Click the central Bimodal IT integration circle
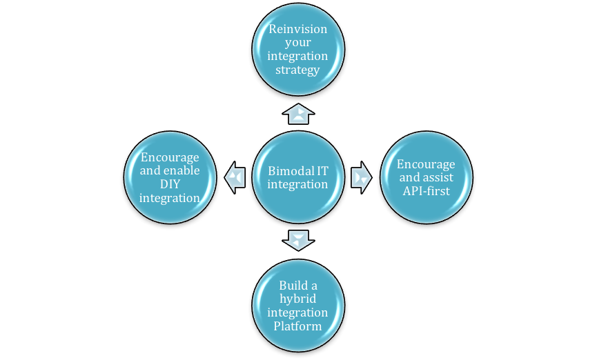(x=298, y=177)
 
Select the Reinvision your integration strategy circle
(x=298, y=50)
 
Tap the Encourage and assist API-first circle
(x=427, y=177)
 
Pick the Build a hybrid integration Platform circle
(x=298, y=306)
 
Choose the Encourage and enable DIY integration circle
(x=170, y=177)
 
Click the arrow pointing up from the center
(x=298, y=114)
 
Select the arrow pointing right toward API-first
(x=362, y=177)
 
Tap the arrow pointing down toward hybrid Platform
(x=298, y=240)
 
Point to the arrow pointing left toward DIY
(x=235, y=177)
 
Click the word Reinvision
(x=298, y=30)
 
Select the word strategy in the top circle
(x=298, y=70)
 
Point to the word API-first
(x=427, y=190)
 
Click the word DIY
(x=170, y=184)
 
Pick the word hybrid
(x=298, y=299)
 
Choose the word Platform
(x=298, y=326)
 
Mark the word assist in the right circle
(x=438, y=177)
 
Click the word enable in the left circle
(x=182, y=170)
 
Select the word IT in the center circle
(x=323, y=170)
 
